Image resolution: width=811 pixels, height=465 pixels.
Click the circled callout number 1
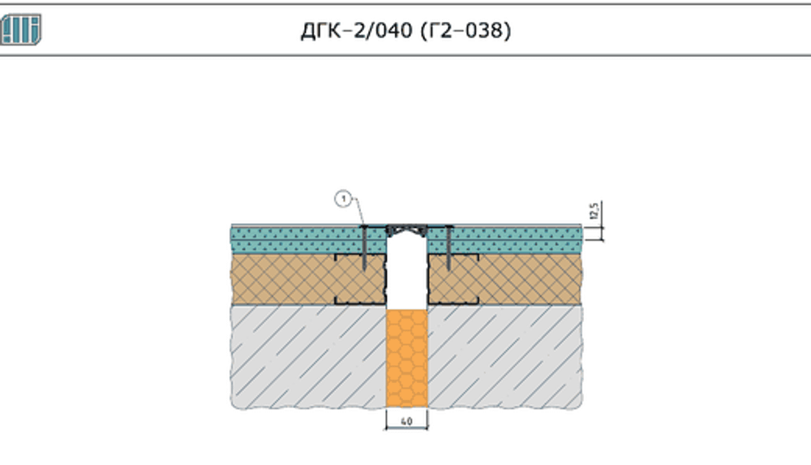click(x=343, y=199)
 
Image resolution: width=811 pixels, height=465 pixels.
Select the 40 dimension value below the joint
click(x=406, y=421)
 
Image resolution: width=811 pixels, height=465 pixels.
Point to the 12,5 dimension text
click(x=594, y=210)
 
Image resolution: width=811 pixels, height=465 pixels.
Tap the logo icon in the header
click(x=20, y=29)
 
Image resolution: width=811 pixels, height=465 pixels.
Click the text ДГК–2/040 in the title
click(x=357, y=31)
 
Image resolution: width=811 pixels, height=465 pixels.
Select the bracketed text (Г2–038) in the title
click(x=466, y=31)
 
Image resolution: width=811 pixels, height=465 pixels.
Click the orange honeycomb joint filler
click(x=406, y=359)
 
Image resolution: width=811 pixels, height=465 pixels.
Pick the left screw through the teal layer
click(x=364, y=248)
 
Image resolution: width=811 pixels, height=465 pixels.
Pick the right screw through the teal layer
click(x=448, y=248)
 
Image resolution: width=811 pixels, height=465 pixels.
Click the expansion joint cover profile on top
click(x=406, y=229)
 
